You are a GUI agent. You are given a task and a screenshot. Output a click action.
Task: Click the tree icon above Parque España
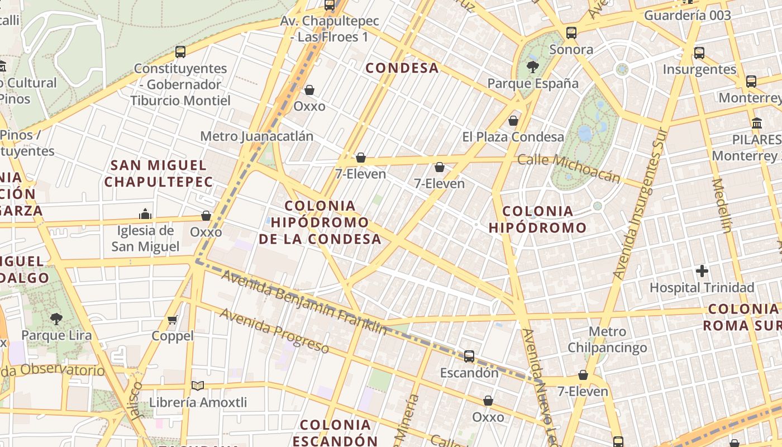point(532,67)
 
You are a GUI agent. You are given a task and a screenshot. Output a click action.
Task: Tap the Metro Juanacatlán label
point(256,136)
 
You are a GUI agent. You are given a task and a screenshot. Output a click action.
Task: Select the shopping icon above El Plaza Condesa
point(513,121)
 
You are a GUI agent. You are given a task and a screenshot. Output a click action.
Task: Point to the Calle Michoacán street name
point(569,168)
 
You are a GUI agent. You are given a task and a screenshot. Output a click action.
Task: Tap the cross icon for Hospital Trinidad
point(702,272)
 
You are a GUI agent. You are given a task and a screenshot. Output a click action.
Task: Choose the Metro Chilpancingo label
point(607,339)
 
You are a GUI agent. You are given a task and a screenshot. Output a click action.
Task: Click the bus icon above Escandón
point(469,356)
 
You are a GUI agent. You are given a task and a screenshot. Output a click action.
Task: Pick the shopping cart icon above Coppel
point(173,320)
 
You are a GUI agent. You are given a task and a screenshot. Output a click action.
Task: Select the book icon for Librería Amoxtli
point(197,386)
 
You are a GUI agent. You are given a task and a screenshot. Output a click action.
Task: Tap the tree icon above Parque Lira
point(56,319)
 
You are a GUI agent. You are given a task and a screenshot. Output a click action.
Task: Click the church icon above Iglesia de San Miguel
point(145,214)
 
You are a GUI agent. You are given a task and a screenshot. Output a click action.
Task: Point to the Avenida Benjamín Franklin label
point(304,302)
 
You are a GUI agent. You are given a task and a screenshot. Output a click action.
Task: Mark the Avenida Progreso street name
point(274,330)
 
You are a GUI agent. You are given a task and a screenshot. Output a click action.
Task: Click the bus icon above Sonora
point(571,33)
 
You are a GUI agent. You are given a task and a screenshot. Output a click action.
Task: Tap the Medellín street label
point(722,205)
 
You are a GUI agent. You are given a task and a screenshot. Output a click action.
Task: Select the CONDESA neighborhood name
point(402,68)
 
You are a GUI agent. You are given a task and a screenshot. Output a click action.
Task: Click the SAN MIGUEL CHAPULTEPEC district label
point(159,173)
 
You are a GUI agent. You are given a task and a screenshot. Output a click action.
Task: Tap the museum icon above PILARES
point(757,123)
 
